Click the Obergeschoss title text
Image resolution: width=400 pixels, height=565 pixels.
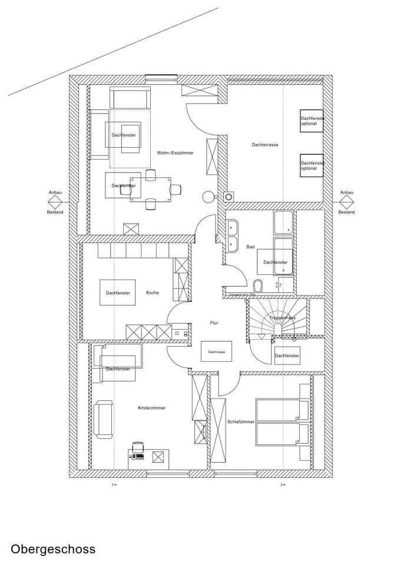pos(53,550)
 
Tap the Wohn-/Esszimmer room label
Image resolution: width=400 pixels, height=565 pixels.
pos(175,153)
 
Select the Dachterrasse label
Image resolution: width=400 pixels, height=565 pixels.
pos(265,145)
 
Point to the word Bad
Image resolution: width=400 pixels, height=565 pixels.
pos(250,247)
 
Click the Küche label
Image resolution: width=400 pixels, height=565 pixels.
pos(152,293)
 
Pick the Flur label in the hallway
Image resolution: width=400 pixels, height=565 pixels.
pos(214,323)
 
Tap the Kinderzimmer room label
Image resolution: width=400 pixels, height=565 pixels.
pos(151,408)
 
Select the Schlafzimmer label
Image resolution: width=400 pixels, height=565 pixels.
pos(240,422)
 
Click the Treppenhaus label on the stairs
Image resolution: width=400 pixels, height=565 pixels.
pos(282,318)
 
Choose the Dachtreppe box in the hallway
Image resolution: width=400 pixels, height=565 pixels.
pos(216,351)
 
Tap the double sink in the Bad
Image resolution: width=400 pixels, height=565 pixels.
pos(232,234)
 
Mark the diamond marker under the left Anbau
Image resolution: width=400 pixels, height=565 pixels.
pos(55,201)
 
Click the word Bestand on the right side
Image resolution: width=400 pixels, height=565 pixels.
pos(346,212)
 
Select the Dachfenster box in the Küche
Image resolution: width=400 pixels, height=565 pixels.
pos(117,293)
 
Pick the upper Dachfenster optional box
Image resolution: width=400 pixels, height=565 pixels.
pos(312,121)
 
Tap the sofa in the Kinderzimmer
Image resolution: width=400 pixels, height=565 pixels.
pos(104,419)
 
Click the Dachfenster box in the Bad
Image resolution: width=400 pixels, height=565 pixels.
pos(275,262)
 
